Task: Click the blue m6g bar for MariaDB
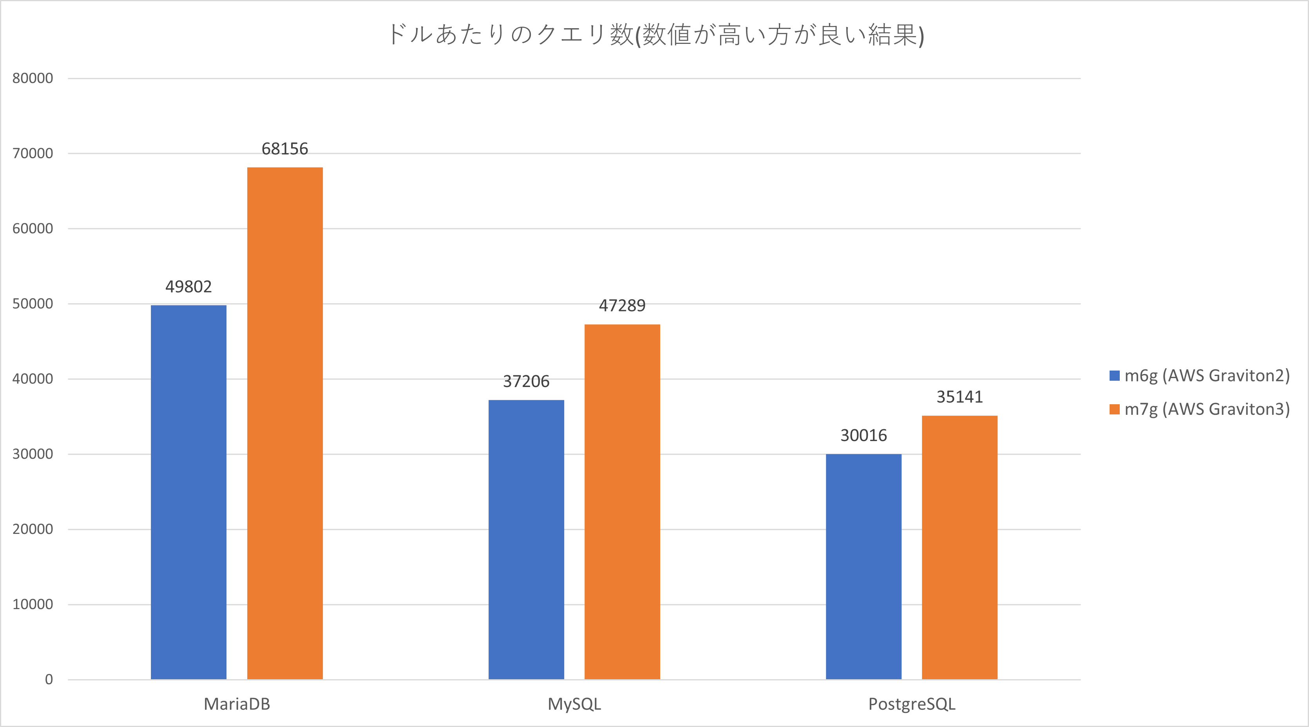[x=188, y=492]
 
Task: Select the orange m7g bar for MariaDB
[x=284, y=423]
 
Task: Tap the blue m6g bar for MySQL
[x=526, y=539]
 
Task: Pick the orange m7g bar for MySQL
[x=622, y=501]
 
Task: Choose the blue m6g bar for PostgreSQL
[x=864, y=566]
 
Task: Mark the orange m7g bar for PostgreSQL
[x=960, y=547]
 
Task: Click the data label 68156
[x=284, y=149]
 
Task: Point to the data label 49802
[x=188, y=287]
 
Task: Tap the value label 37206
[x=526, y=382]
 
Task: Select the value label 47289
[x=622, y=306]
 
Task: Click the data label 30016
[x=864, y=436]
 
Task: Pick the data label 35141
[x=960, y=397]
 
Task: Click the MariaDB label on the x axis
[x=237, y=704]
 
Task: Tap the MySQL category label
[x=574, y=704]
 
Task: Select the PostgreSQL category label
[x=912, y=704]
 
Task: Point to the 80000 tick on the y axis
[x=33, y=78]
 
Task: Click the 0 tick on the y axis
[x=49, y=680]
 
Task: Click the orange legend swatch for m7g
[x=1114, y=409]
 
